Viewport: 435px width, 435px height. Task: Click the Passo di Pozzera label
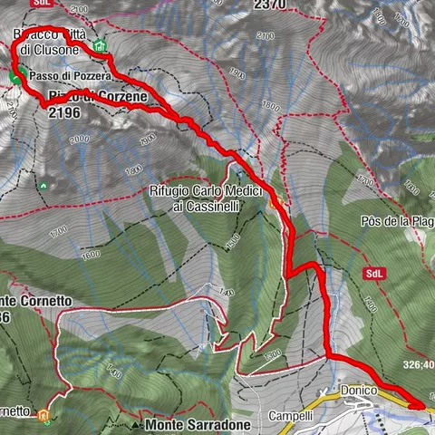(x=69, y=77)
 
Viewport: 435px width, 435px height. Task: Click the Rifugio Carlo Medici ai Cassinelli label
(x=206, y=199)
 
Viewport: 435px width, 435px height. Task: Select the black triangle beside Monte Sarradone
(x=135, y=424)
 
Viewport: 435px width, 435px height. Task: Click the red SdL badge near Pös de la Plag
(x=373, y=274)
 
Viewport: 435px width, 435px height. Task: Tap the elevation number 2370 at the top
(x=269, y=5)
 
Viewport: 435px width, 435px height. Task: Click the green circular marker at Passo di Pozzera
(x=15, y=78)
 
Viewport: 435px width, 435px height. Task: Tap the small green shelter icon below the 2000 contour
(x=43, y=185)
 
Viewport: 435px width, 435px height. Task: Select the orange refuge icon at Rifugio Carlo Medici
(x=275, y=203)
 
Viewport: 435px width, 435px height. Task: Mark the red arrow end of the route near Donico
(x=418, y=406)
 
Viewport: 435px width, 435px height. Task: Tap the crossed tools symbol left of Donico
(x=324, y=391)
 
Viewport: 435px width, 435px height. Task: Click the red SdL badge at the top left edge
(x=40, y=3)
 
